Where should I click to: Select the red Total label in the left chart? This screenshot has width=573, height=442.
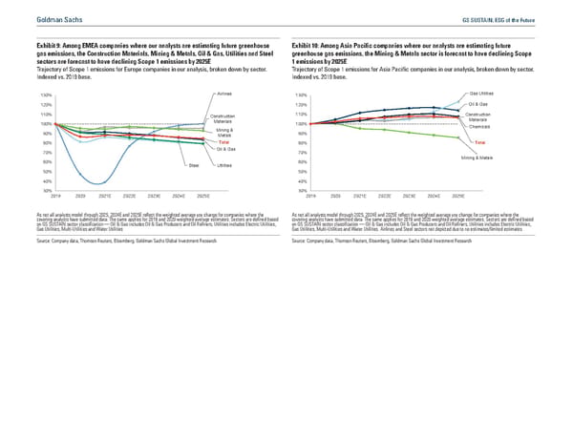pos(223,142)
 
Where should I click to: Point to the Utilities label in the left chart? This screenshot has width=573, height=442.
pos(225,166)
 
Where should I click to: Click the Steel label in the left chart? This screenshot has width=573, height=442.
pos(193,166)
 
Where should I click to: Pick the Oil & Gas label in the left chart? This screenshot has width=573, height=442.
pos(225,151)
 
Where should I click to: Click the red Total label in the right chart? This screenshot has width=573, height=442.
pos(479,142)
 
